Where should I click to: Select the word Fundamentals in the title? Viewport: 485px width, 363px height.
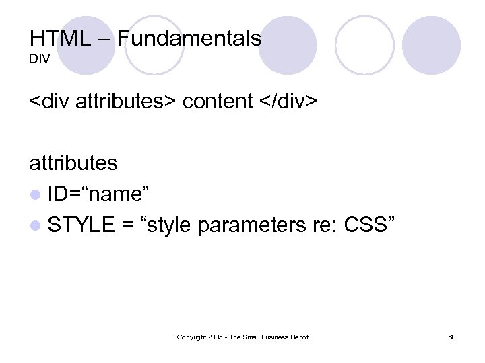[x=189, y=38]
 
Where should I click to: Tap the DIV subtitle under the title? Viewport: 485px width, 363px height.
[x=39, y=61]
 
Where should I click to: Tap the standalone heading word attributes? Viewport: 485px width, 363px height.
[x=73, y=163]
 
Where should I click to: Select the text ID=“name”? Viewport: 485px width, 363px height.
[x=103, y=194]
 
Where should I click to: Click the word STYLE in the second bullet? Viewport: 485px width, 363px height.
[x=81, y=225]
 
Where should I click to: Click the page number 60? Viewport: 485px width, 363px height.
[x=451, y=337]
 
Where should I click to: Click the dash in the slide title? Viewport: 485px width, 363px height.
[x=105, y=39]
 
